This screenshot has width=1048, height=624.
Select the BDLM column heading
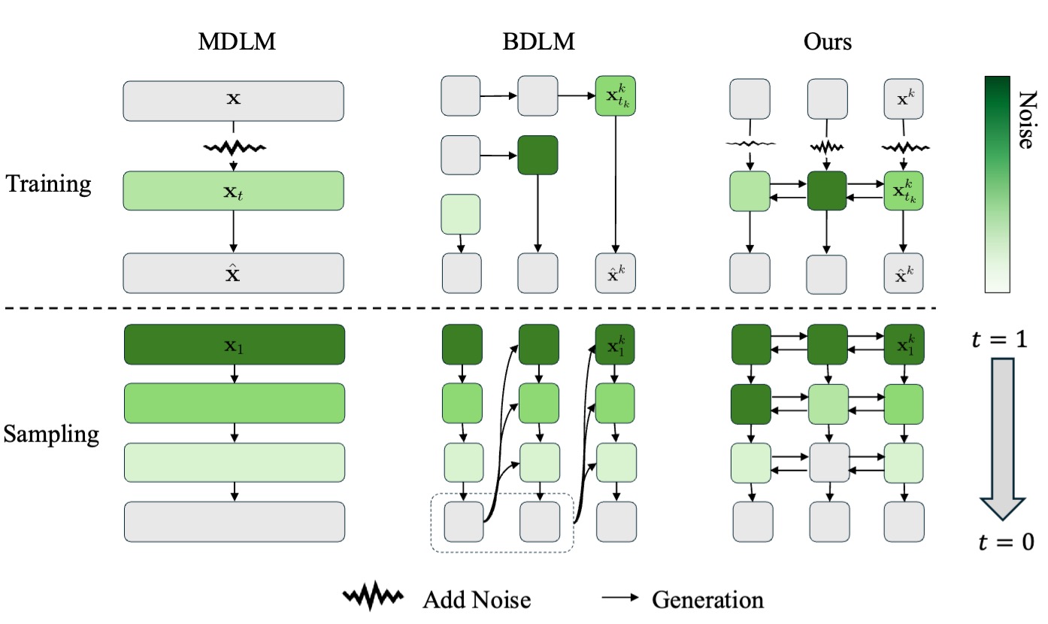pyautogui.click(x=538, y=41)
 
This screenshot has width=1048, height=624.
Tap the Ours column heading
pyautogui.click(x=827, y=41)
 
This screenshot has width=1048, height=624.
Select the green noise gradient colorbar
pyautogui.click(x=997, y=186)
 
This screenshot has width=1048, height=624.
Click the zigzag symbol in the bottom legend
pyautogui.click(x=374, y=598)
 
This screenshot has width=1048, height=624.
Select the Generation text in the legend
pyautogui.click(x=707, y=599)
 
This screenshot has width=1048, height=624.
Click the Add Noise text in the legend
pyautogui.click(x=477, y=599)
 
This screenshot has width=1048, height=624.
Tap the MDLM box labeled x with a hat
pyautogui.click(x=233, y=273)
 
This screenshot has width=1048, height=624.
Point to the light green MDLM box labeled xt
pyautogui.click(x=233, y=191)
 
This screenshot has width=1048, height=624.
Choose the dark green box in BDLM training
pyautogui.click(x=538, y=156)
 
